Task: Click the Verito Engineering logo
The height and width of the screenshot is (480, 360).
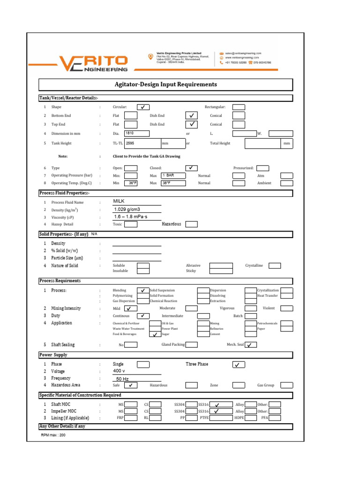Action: click(92, 63)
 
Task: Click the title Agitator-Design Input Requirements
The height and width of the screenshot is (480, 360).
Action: click(166, 84)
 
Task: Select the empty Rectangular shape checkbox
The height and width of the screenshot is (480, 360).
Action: click(239, 107)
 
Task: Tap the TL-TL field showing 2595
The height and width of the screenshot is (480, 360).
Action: click(142, 143)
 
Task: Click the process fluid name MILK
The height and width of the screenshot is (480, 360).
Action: click(120, 201)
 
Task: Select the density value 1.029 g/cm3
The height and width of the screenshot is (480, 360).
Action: click(127, 209)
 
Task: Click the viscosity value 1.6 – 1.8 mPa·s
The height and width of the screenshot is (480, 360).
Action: click(131, 217)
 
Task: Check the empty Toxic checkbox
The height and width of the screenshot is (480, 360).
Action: click(131, 225)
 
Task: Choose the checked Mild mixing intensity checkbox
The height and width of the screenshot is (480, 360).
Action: click(131, 309)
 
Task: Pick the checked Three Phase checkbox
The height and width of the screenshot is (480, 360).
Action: click(239, 365)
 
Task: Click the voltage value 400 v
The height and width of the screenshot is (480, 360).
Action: click(120, 371)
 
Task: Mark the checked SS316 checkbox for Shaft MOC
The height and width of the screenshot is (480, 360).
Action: click(217, 404)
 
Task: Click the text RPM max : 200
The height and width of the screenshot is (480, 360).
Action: click(53, 435)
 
